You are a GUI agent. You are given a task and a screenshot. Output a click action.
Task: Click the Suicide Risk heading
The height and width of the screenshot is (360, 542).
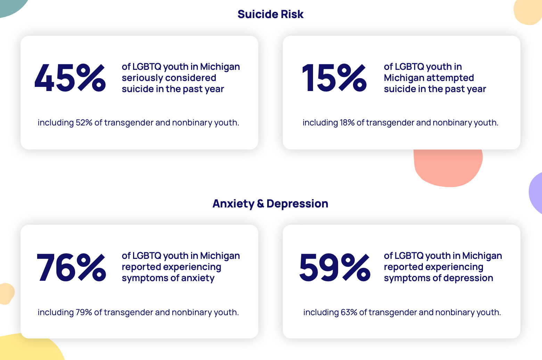coord(270,14)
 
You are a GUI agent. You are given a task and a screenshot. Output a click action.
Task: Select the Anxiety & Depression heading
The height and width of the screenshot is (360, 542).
coord(270,204)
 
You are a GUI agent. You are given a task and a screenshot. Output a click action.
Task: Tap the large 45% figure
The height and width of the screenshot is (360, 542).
coord(70,78)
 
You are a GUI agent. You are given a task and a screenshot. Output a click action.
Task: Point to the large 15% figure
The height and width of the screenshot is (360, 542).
coord(334,78)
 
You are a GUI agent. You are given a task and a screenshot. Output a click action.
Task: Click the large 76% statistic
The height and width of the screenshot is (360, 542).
coord(71,267)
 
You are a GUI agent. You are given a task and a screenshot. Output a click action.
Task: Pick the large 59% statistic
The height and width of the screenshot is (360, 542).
coord(334,267)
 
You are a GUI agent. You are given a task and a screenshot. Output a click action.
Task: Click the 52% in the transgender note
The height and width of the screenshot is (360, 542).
coord(84,123)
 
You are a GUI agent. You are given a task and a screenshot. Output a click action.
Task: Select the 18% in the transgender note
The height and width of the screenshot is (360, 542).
coord(347,123)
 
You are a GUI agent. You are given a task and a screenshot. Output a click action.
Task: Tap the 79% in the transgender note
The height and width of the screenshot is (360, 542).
coord(84,312)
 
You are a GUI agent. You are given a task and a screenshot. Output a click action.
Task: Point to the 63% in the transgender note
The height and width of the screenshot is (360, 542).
coord(349,312)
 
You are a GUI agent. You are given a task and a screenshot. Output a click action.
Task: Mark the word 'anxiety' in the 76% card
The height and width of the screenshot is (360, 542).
coord(198,278)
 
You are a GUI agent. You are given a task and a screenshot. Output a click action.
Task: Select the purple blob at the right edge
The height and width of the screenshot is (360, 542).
coord(536,193)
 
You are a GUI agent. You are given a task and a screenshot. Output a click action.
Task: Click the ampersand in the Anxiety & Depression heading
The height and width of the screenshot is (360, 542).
coord(260,204)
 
